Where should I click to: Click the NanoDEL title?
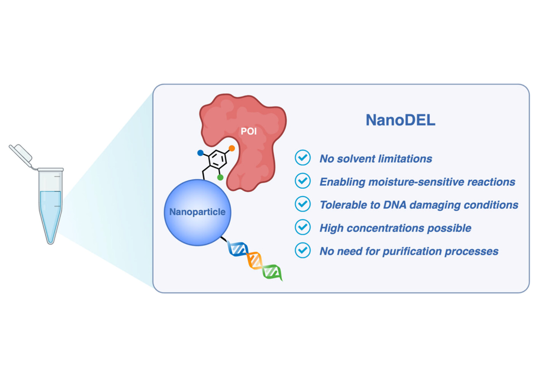click(x=400, y=120)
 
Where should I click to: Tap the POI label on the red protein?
click(x=249, y=131)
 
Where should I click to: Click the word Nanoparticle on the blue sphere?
click(x=197, y=212)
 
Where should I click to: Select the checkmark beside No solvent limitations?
click(x=303, y=158)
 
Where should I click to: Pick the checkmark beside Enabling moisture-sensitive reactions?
click(x=303, y=181)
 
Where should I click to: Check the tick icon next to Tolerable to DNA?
click(x=303, y=204)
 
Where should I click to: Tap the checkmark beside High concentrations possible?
click(x=303, y=227)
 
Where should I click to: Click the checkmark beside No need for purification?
click(x=303, y=250)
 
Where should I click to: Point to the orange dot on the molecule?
click(x=232, y=148)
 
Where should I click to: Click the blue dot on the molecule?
click(x=200, y=153)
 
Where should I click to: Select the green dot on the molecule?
click(x=220, y=178)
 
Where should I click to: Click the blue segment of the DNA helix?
click(x=238, y=249)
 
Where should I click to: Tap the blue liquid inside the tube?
click(x=50, y=213)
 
